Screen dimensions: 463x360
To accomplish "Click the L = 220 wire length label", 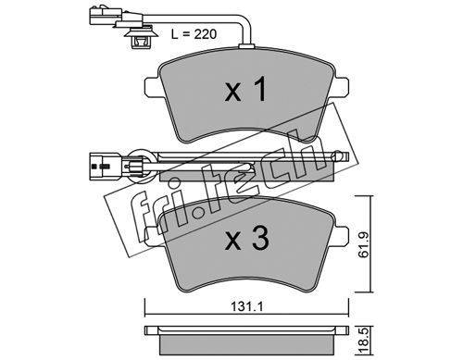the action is click(194, 34).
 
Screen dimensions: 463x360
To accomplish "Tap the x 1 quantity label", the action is click(245, 90).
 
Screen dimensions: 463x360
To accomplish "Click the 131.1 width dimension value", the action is click(246, 307).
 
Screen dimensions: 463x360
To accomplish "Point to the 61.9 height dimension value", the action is click(364, 245).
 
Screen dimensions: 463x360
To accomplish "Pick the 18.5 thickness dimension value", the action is click(365, 341).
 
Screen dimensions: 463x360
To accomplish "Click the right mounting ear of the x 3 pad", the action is click(341, 237).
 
